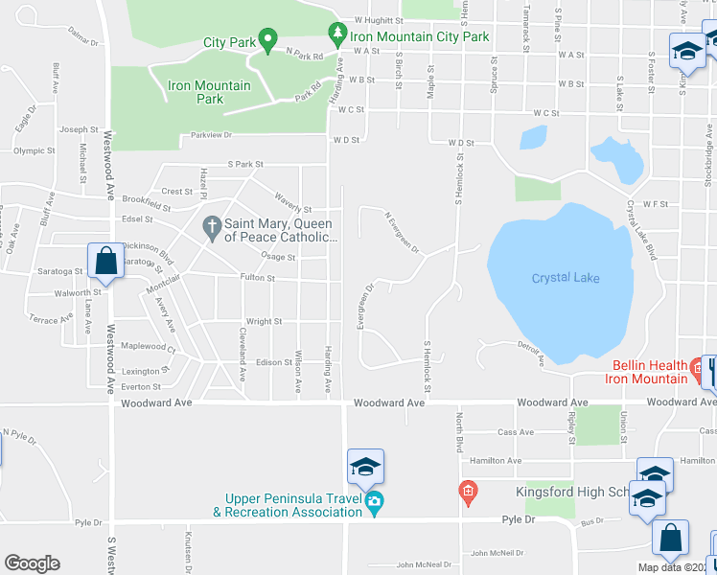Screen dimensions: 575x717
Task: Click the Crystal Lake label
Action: [566, 278]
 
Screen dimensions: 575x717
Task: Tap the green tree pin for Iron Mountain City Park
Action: [336, 34]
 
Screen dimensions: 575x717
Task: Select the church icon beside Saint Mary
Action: [212, 228]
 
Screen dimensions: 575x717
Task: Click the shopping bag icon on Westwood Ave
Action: [104, 260]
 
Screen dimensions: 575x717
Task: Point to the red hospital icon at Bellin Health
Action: [695, 366]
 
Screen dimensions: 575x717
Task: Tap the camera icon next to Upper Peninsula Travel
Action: [375, 501]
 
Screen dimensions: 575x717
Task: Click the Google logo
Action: [32, 563]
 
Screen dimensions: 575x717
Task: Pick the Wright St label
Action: [264, 322]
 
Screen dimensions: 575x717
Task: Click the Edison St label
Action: [273, 362]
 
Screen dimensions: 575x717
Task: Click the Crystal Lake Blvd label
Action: [641, 230]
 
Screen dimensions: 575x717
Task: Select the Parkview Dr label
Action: [212, 136]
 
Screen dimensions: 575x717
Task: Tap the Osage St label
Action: [278, 257]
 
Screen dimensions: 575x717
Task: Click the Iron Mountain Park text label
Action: [209, 92]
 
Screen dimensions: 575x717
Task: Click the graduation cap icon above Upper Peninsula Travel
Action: [365, 467]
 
